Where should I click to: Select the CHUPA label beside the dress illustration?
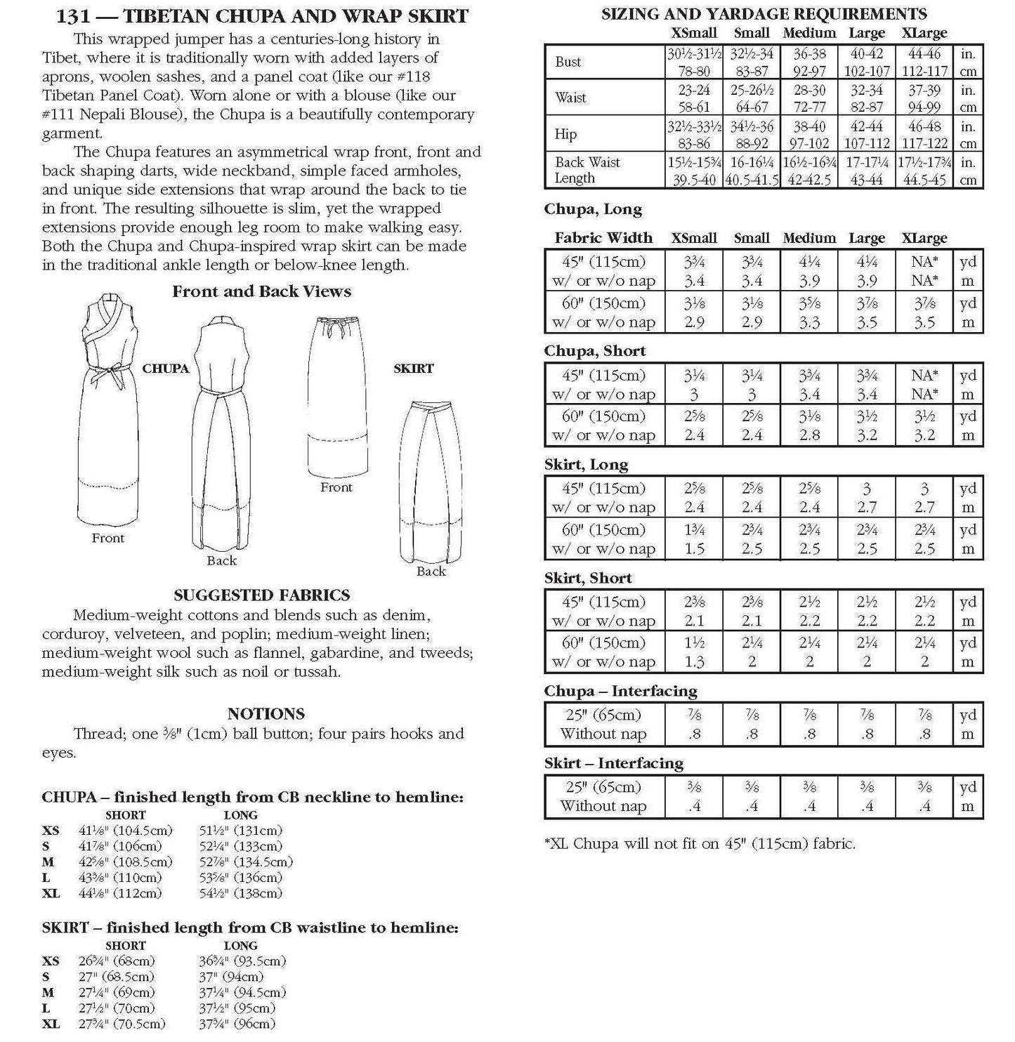[165, 369]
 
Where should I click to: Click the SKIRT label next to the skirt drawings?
[413, 369]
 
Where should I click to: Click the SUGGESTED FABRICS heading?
[261, 595]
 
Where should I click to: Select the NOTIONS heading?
[266, 714]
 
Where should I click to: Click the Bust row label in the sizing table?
[568, 62]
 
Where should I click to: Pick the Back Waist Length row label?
[587, 170]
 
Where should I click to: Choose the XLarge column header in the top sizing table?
[924, 33]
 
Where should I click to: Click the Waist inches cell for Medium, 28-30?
[809, 90]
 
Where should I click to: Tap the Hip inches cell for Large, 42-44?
[867, 126]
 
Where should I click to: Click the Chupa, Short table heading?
[594, 351]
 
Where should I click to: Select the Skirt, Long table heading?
[586, 465]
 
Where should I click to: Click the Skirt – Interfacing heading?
[613, 763]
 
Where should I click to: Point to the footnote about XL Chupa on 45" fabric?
[700, 843]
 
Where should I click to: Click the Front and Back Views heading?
[261, 291]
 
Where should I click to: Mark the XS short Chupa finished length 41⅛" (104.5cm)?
[125, 831]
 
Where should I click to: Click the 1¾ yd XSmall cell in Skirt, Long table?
[694, 530]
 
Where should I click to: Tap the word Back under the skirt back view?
[431, 572]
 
